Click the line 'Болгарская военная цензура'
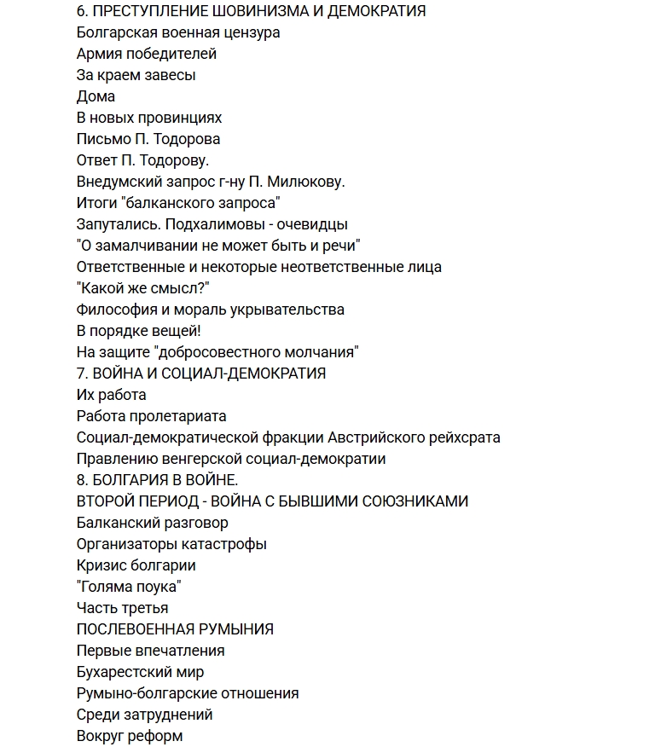coord(178,32)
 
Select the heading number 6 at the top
coord(81,11)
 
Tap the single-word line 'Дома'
coord(96,96)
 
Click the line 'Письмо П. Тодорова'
coord(148,139)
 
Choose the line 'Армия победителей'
coord(147,54)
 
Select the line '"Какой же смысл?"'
coord(143,288)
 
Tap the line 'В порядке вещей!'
coord(139,331)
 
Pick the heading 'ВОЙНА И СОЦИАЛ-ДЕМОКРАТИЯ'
coord(208,373)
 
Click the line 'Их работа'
coord(112,395)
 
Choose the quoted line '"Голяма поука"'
coord(129,587)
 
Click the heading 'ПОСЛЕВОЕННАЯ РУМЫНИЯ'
coord(175,629)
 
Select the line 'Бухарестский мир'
coord(140,672)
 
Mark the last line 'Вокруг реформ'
coord(130,736)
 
